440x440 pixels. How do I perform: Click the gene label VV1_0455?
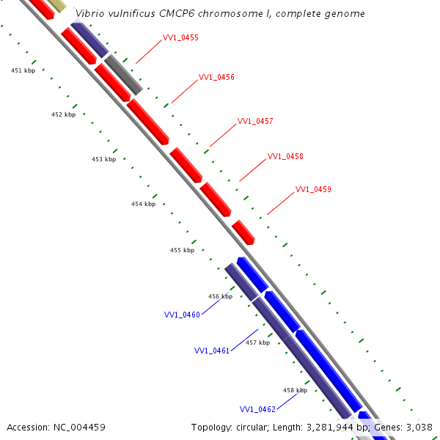tap(180, 37)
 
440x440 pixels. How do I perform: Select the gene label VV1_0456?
tap(216, 78)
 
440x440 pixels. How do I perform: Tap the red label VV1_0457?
tap(255, 121)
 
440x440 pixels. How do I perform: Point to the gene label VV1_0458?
tap(285, 156)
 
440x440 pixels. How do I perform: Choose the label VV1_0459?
tap(313, 189)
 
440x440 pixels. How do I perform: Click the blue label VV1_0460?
tap(182, 315)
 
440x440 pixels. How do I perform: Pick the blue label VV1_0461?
tap(212, 351)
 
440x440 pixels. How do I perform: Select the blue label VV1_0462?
tap(257, 409)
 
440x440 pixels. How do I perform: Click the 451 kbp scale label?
tap(23, 70)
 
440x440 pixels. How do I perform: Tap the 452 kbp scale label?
tap(63, 114)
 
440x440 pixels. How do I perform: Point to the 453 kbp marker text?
tap(103, 159)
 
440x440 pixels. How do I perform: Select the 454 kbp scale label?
tap(143, 204)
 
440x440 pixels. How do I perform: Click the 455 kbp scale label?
tap(182, 250)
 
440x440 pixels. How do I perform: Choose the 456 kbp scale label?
tap(220, 296)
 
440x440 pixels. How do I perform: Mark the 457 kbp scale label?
tap(257, 342)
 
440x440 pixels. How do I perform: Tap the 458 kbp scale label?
tap(295, 390)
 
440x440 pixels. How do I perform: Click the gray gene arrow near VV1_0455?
tap(122, 75)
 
